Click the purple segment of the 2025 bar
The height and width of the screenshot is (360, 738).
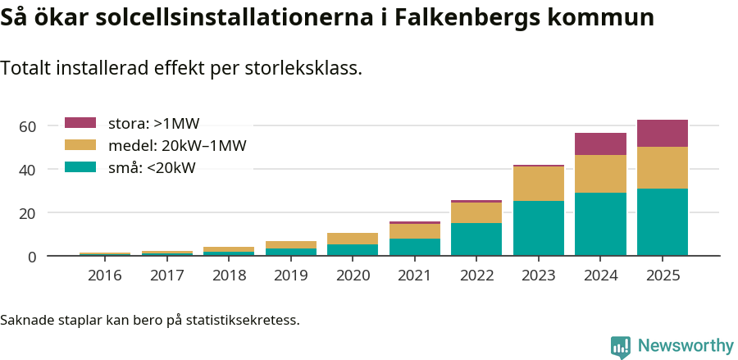pyautogui.click(x=662, y=133)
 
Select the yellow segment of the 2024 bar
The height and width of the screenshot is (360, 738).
pyautogui.click(x=600, y=174)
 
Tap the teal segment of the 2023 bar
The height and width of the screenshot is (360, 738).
pyautogui.click(x=538, y=228)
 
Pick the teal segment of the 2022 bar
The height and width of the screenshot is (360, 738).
pyautogui.click(x=476, y=239)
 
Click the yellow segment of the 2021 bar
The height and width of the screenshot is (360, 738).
pyautogui.click(x=414, y=231)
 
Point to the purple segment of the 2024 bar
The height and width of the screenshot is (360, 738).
pyautogui.click(x=600, y=144)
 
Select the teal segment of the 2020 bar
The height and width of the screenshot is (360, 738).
pyautogui.click(x=353, y=250)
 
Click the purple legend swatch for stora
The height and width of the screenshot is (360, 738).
pyautogui.click(x=80, y=123)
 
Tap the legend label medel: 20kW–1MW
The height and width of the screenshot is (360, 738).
pyautogui.click(x=177, y=146)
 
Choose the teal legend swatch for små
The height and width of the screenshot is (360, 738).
pyautogui.click(x=80, y=167)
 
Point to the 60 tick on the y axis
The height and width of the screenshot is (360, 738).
pyautogui.click(x=28, y=126)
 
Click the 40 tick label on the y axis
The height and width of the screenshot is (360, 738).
pyautogui.click(x=28, y=170)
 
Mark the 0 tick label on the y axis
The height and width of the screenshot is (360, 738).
pyautogui.click(x=32, y=257)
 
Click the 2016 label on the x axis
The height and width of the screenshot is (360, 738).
pyautogui.click(x=104, y=276)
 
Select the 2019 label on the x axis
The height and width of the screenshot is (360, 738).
pyautogui.click(x=290, y=276)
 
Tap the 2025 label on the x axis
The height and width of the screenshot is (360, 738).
pyautogui.click(x=662, y=276)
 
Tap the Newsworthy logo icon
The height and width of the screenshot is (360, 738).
pyautogui.click(x=621, y=346)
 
